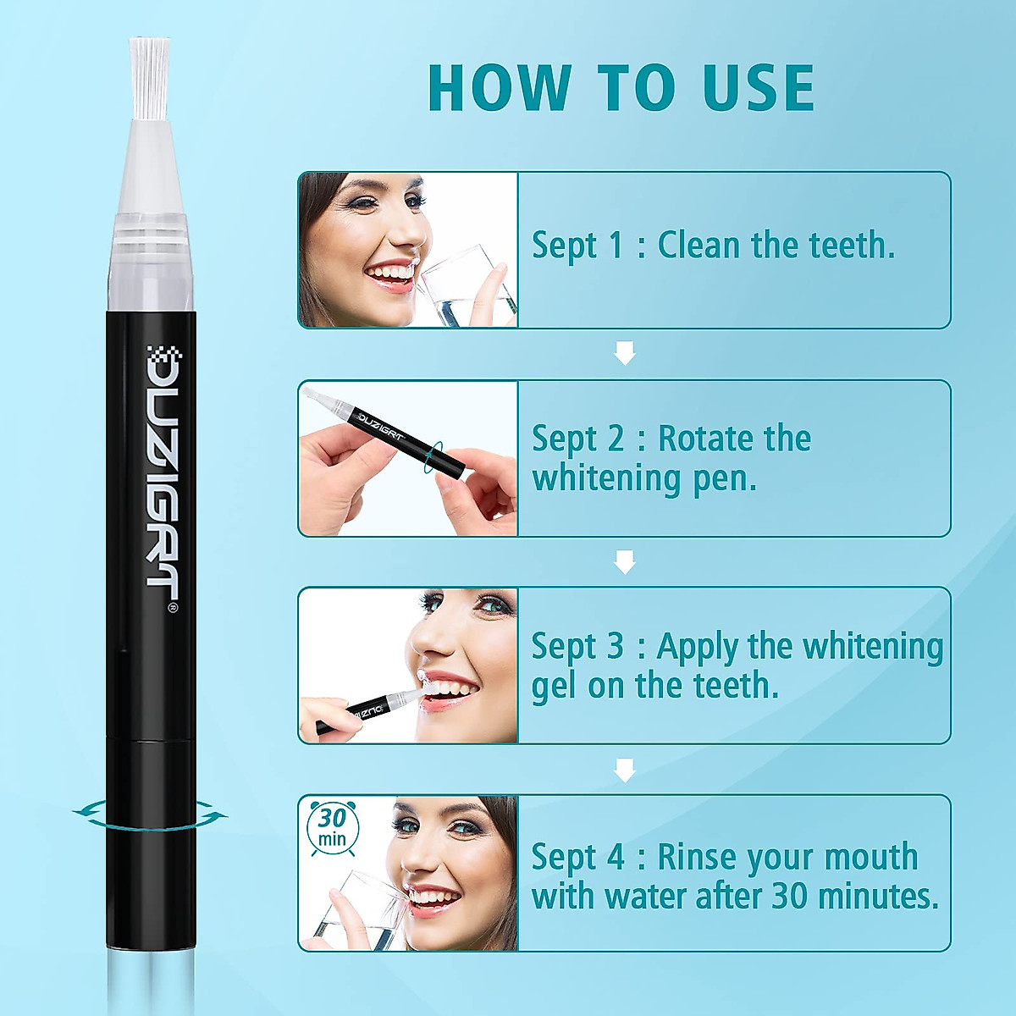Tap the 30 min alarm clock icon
coord(333,826)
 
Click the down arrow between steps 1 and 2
coord(625,353)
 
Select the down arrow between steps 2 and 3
coord(625,561)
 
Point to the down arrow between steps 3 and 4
coord(625,770)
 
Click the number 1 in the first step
coord(616,246)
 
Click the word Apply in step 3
coord(697,648)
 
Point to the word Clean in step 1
coord(698,246)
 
